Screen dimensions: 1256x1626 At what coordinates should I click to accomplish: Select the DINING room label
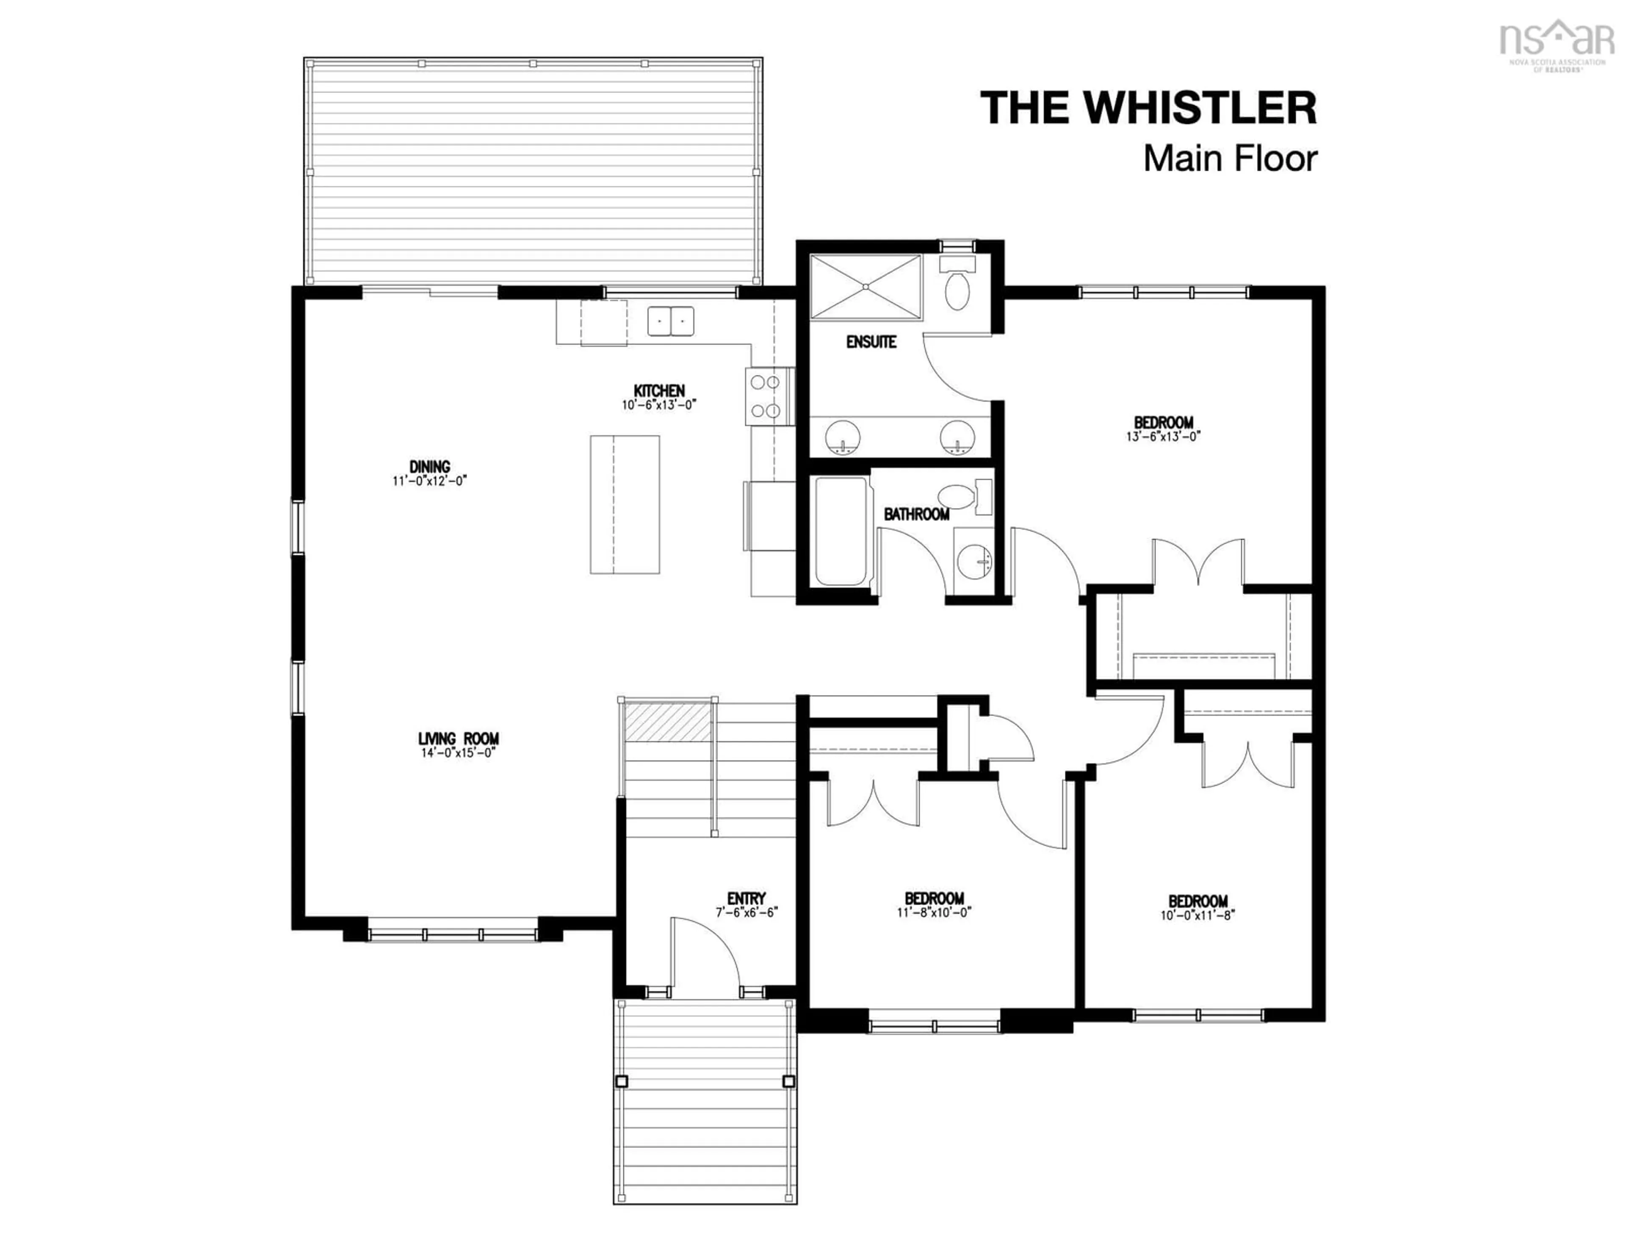430,467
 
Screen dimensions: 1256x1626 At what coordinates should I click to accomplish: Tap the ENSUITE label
871,343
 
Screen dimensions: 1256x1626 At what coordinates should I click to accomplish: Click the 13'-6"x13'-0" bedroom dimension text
1164,437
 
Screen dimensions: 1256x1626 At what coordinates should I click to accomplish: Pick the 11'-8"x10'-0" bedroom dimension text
935,912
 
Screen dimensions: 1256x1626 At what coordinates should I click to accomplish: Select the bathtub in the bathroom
841,531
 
